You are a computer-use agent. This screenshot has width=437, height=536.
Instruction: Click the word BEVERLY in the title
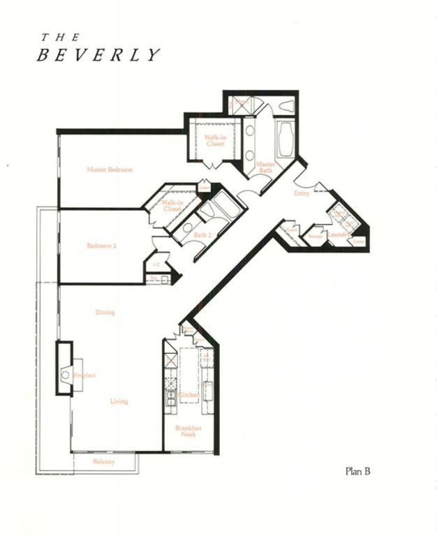[98, 56]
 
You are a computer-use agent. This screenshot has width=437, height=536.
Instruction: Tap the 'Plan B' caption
[357, 471]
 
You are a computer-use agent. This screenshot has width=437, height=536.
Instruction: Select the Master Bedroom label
[110, 170]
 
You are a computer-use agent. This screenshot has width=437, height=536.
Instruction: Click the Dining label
[105, 313]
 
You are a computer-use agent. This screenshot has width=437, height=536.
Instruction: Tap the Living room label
[119, 401]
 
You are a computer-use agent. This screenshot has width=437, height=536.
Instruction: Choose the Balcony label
[104, 462]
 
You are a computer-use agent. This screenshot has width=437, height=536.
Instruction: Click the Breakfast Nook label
[185, 431]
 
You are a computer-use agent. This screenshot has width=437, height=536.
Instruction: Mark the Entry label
[302, 193]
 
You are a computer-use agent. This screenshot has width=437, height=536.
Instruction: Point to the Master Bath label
[265, 167]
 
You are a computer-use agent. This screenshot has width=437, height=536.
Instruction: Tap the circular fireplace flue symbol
[65, 375]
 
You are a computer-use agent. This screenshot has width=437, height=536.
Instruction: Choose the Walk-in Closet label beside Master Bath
[214, 141]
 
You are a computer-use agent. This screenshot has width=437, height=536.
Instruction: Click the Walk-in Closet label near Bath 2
[172, 205]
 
